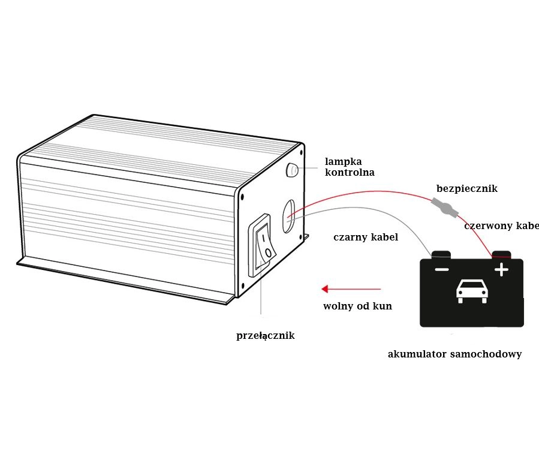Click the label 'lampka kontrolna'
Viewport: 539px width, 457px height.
350,167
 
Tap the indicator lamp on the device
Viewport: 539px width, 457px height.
293,170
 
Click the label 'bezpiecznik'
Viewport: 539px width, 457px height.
467,189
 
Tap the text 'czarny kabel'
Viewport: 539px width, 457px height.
366,237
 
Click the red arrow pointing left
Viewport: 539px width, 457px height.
351,289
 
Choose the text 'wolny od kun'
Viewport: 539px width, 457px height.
357,306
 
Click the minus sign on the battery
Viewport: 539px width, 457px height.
441,270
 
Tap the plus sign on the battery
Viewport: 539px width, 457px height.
501,270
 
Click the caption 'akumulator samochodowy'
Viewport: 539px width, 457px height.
454,354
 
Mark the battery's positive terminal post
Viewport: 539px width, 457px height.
501,255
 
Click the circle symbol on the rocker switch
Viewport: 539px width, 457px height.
267,253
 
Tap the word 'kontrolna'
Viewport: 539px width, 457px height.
350,173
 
